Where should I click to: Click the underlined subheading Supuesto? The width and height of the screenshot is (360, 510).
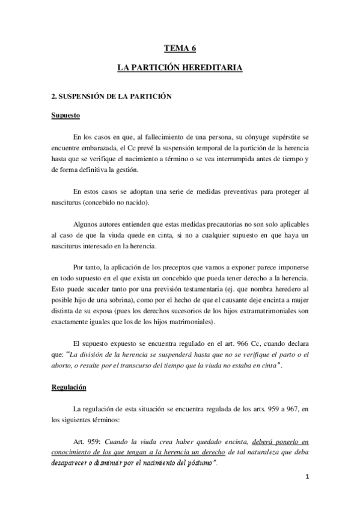[66, 115]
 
